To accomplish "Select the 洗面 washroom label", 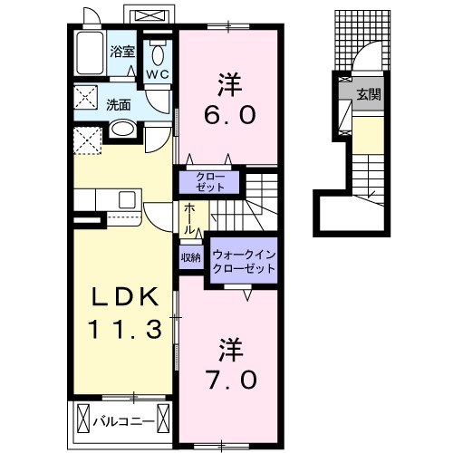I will click(118, 104).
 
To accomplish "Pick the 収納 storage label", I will click(190, 257).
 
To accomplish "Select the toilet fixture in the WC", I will click(158, 50).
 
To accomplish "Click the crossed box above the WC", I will click(150, 16).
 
